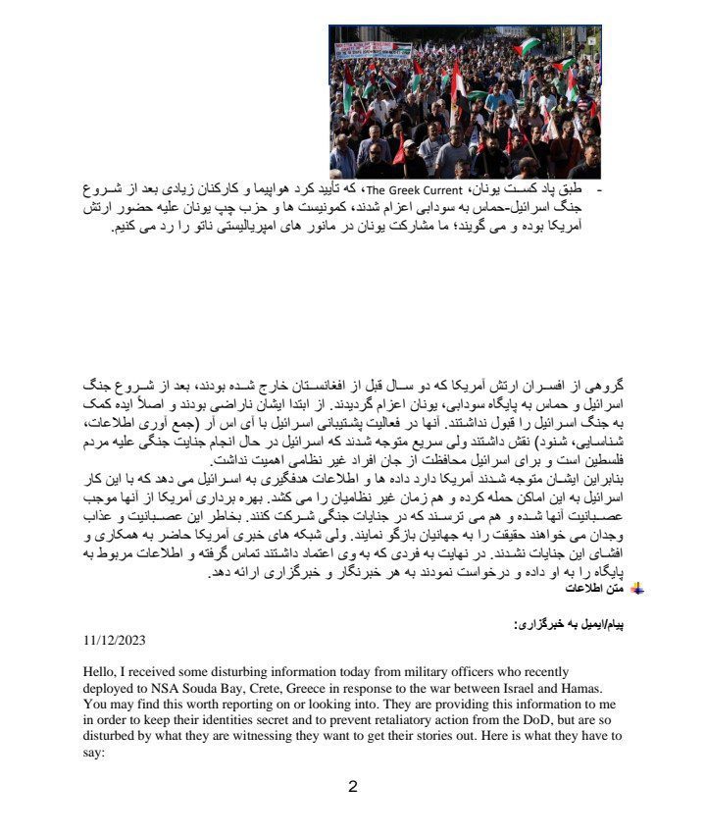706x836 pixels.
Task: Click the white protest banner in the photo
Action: pos(373,50)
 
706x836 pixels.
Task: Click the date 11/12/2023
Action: pos(115,640)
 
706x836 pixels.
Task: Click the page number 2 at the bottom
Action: pos(353,786)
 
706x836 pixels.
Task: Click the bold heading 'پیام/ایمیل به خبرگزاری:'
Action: pos(567,624)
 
